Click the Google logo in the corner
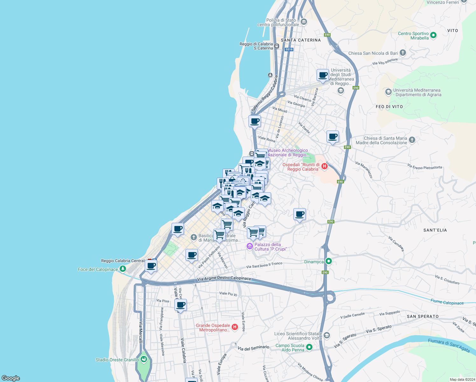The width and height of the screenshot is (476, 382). click(x=11, y=378)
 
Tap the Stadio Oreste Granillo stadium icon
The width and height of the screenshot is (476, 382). click(x=144, y=360)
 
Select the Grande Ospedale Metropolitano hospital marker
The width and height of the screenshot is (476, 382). click(x=235, y=327)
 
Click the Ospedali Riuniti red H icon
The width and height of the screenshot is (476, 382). click(x=325, y=166)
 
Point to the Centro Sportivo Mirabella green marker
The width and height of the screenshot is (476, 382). click(x=433, y=35)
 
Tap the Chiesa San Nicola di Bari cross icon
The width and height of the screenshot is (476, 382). click(x=403, y=53)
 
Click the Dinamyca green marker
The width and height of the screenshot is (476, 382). click(x=329, y=261)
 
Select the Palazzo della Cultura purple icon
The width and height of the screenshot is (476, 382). click(x=250, y=246)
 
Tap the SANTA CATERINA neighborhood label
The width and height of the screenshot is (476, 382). click(x=301, y=40)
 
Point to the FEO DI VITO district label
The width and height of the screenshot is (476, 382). click(x=389, y=107)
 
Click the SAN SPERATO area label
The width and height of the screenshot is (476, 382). click(x=423, y=316)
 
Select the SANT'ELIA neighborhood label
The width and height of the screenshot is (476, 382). click(x=435, y=230)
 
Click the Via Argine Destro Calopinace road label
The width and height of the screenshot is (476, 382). click(x=224, y=279)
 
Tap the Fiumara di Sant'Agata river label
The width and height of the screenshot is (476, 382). click(x=449, y=345)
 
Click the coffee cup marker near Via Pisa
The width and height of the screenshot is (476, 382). click(x=180, y=305)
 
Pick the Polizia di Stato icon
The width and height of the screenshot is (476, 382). click(x=304, y=22)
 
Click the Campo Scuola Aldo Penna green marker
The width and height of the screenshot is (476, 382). click(x=309, y=347)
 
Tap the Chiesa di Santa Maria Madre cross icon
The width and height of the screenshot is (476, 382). click(x=412, y=140)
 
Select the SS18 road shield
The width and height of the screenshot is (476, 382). click(x=289, y=49)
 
